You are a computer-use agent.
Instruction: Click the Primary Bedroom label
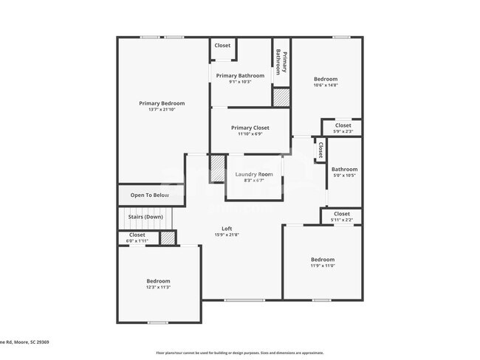click(162, 103)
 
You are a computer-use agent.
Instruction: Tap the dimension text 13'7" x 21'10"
click(162, 110)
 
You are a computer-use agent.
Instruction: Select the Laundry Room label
click(254, 174)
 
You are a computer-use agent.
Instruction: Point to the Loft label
click(227, 229)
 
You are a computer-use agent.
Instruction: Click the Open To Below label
click(150, 195)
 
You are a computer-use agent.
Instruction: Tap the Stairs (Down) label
click(146, 217)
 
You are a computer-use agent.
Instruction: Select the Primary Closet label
click(250, 128)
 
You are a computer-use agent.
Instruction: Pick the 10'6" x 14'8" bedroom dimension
click(325, 86)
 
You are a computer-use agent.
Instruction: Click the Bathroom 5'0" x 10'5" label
click(344, 172)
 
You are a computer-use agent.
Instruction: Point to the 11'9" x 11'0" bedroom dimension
click(322, 266)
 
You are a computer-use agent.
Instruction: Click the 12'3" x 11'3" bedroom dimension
click(158, 288)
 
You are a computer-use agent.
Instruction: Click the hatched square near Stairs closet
click(168, 238)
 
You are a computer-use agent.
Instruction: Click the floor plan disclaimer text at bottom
click(239, 353)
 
